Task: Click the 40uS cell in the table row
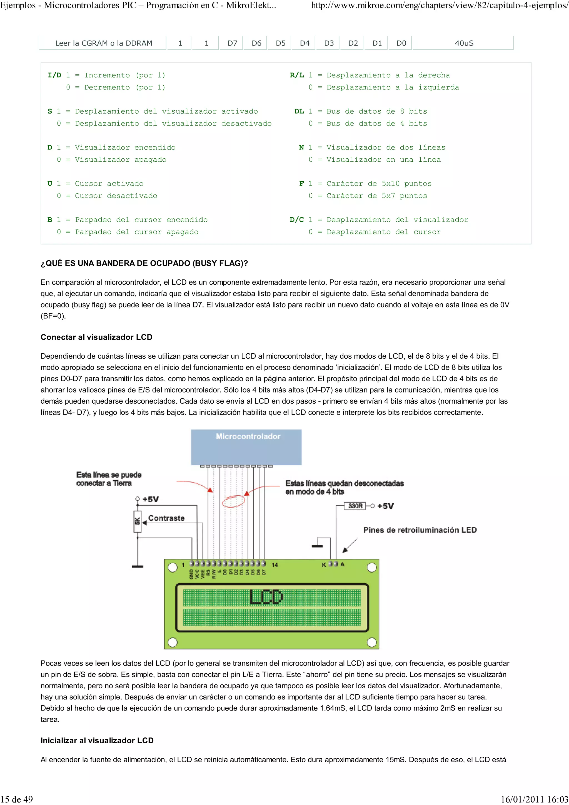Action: click(464, 43)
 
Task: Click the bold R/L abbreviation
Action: click(297, 75)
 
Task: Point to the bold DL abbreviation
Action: click(299, 111)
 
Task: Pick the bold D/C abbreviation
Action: click(297, 219)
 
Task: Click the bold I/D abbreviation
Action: click(54, 75)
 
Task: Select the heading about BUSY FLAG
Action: click(144, 263)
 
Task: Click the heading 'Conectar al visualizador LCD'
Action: click(96, 337)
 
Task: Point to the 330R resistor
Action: click(355, 506)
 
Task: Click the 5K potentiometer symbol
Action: click(138, 521)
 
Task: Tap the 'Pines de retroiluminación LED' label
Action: click(420, 530)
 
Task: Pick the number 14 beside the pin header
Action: click(274, 564)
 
